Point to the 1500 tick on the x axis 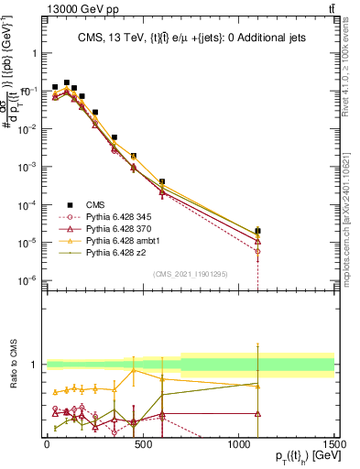(334, 444)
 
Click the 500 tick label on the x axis (143, 444)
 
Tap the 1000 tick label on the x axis (238, 444)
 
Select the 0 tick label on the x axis (47, 444)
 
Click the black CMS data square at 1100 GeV (258, 231)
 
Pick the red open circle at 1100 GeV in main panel (258, 251)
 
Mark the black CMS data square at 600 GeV (162, 182)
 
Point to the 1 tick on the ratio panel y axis (34, 365)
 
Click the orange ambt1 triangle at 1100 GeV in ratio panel (258, 387)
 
